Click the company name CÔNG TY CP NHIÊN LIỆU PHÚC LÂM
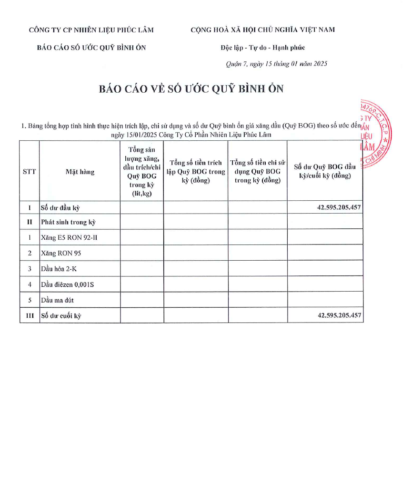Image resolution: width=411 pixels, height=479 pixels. (91, 30)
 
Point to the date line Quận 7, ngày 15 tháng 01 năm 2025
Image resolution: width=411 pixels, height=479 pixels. (276, 64)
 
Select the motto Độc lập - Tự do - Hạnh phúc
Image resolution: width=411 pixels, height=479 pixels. (262, 48)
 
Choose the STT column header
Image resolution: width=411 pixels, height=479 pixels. (30, 172)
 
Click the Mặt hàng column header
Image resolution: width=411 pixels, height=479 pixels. (80, 172)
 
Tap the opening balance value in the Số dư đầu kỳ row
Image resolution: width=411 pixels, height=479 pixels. (339, 207)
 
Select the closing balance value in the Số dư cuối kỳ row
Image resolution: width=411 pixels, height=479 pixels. (339, 315)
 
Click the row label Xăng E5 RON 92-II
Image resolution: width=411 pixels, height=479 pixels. (69, 237)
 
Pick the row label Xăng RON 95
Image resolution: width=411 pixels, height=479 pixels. (61, 253)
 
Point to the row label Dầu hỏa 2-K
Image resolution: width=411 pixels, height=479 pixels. (60, 269)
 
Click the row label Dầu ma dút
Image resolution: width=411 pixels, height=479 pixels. (58, 300)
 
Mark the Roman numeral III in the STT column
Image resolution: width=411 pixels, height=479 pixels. (30, 315)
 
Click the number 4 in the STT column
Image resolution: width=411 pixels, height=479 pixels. (30, 284)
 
